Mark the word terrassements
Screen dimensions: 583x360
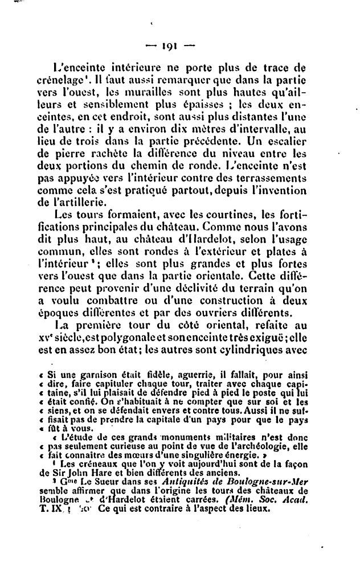[271, 184]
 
